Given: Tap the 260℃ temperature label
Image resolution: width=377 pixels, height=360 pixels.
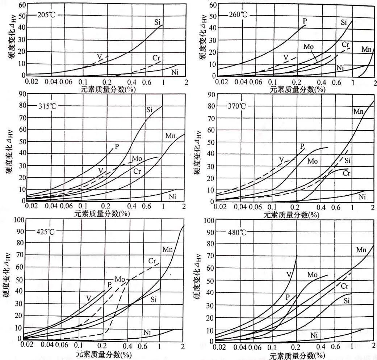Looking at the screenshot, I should coord(238,15).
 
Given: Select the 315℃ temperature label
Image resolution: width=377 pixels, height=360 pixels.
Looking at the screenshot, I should coord(46,106).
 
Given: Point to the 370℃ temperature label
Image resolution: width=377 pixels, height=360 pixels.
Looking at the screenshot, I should coord(237,106).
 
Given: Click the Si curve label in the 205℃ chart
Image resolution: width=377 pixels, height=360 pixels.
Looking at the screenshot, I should coord(157,22).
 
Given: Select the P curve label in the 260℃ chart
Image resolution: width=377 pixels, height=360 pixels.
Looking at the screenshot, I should coord(305,21).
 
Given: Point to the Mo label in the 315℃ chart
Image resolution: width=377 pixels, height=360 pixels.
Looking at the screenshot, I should coord(137,159).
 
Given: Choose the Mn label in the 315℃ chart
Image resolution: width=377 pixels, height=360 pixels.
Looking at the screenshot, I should coord(171,136).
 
